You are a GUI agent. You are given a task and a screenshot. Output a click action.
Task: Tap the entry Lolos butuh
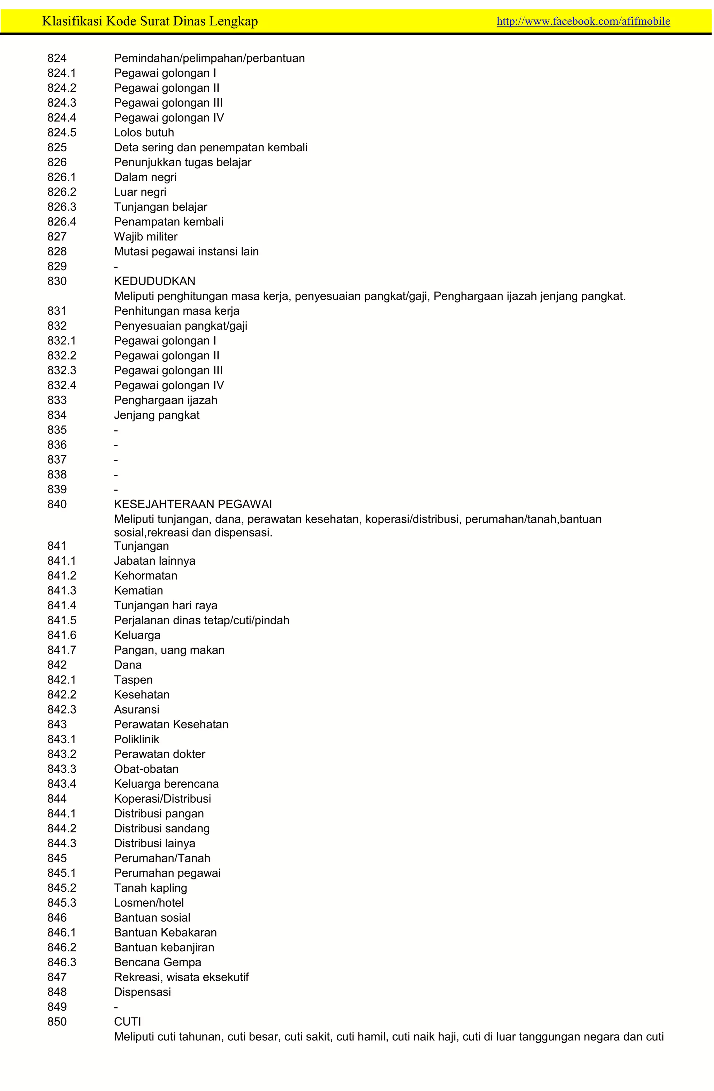coord(144,132)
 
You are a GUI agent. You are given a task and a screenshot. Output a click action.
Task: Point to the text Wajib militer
coord(145,237)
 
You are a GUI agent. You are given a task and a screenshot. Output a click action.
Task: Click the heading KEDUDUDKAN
coord(154,281)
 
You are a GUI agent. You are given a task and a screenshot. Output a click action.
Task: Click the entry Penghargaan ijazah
coord(165,400)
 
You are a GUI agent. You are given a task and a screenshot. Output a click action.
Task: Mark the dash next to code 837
coord(116,460)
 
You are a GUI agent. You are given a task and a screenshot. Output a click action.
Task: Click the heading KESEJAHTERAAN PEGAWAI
coord(192,504)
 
